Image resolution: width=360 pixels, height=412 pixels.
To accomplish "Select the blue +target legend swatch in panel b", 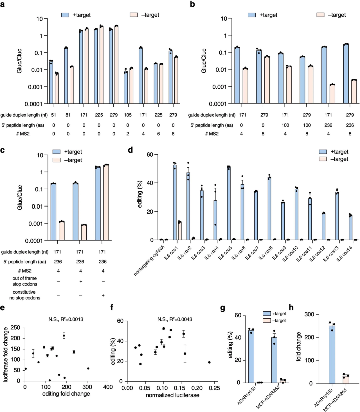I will click(252, 15).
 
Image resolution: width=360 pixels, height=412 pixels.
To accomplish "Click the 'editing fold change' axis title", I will click(66, 394).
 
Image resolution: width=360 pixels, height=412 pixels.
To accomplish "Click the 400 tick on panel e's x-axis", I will click(108, 387).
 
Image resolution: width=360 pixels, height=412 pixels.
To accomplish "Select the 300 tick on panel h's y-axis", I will click(310, 314).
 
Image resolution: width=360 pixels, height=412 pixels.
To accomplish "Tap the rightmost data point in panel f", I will click(209, 362).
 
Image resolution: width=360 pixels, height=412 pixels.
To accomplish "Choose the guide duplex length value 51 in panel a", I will click(53, 115).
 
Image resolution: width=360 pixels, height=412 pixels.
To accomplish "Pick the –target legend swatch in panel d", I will click(323, 159).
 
